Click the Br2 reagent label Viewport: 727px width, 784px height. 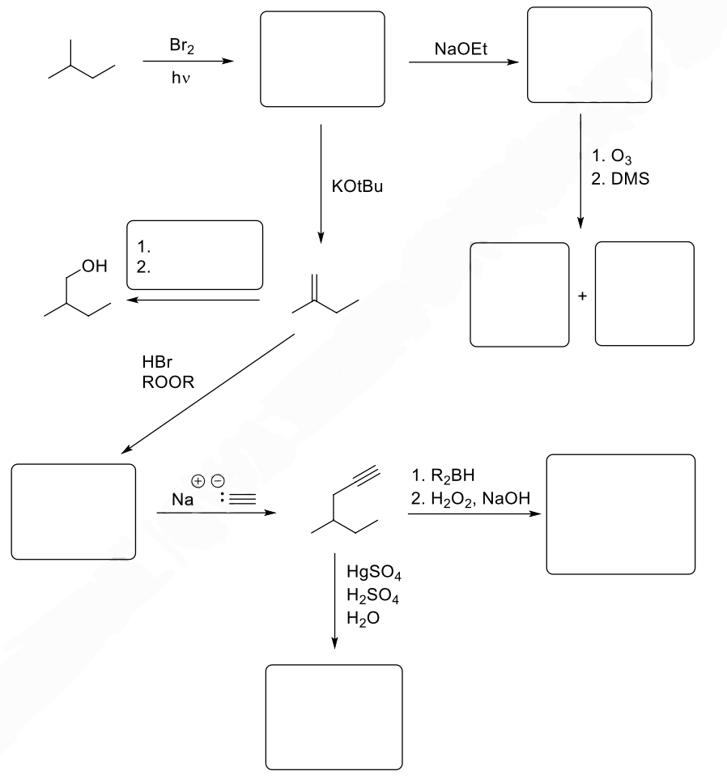click(181, 48)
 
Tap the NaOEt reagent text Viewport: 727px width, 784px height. click(459, 49)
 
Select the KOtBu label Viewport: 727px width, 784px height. click(356, 186)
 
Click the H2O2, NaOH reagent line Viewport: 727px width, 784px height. click(470, 499)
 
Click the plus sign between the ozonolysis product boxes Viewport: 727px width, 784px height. click(581, 296)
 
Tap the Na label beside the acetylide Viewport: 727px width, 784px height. click(182, 501)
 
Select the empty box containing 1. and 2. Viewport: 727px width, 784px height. click(195, 254)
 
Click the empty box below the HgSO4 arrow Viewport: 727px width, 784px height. click(334, 716)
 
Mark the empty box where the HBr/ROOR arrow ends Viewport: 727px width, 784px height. click(74, 511)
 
